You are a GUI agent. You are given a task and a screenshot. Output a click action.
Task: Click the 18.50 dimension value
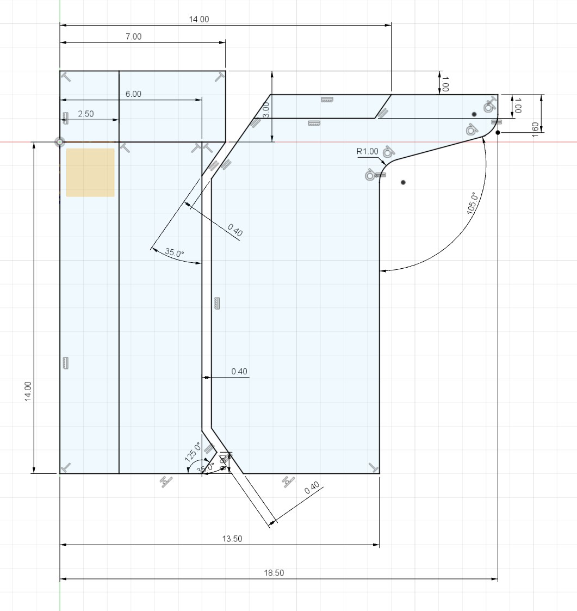(275, 573)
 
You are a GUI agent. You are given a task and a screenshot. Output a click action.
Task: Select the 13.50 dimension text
(232, 539)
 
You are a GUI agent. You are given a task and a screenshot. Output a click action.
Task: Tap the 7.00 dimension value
(133, 36)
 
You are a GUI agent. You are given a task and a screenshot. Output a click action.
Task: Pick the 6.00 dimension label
(133, 94)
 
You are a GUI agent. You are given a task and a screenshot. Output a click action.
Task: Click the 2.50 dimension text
(86, 114)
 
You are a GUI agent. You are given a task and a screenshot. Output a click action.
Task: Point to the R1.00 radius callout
(368, 151)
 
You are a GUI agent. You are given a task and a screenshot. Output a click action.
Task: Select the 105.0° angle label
(472, 203)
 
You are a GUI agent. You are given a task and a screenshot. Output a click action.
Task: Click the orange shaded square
(90, 172)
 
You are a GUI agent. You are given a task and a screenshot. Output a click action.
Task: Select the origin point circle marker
(60, 142)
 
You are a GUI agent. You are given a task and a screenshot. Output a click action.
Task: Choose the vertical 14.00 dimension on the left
(28, 391)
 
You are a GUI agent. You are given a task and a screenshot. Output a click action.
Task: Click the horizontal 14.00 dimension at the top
(198, 19)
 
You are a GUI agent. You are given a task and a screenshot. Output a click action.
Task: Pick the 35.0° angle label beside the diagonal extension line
(175, 253)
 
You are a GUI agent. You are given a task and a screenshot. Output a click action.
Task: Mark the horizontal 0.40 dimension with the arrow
(239, 372)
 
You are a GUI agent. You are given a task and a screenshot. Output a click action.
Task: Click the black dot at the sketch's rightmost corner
(498, 132)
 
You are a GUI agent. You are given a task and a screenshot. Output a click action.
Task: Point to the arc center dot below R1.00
(403, 182)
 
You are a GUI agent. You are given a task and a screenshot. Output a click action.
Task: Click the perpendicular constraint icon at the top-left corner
(66, 77)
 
